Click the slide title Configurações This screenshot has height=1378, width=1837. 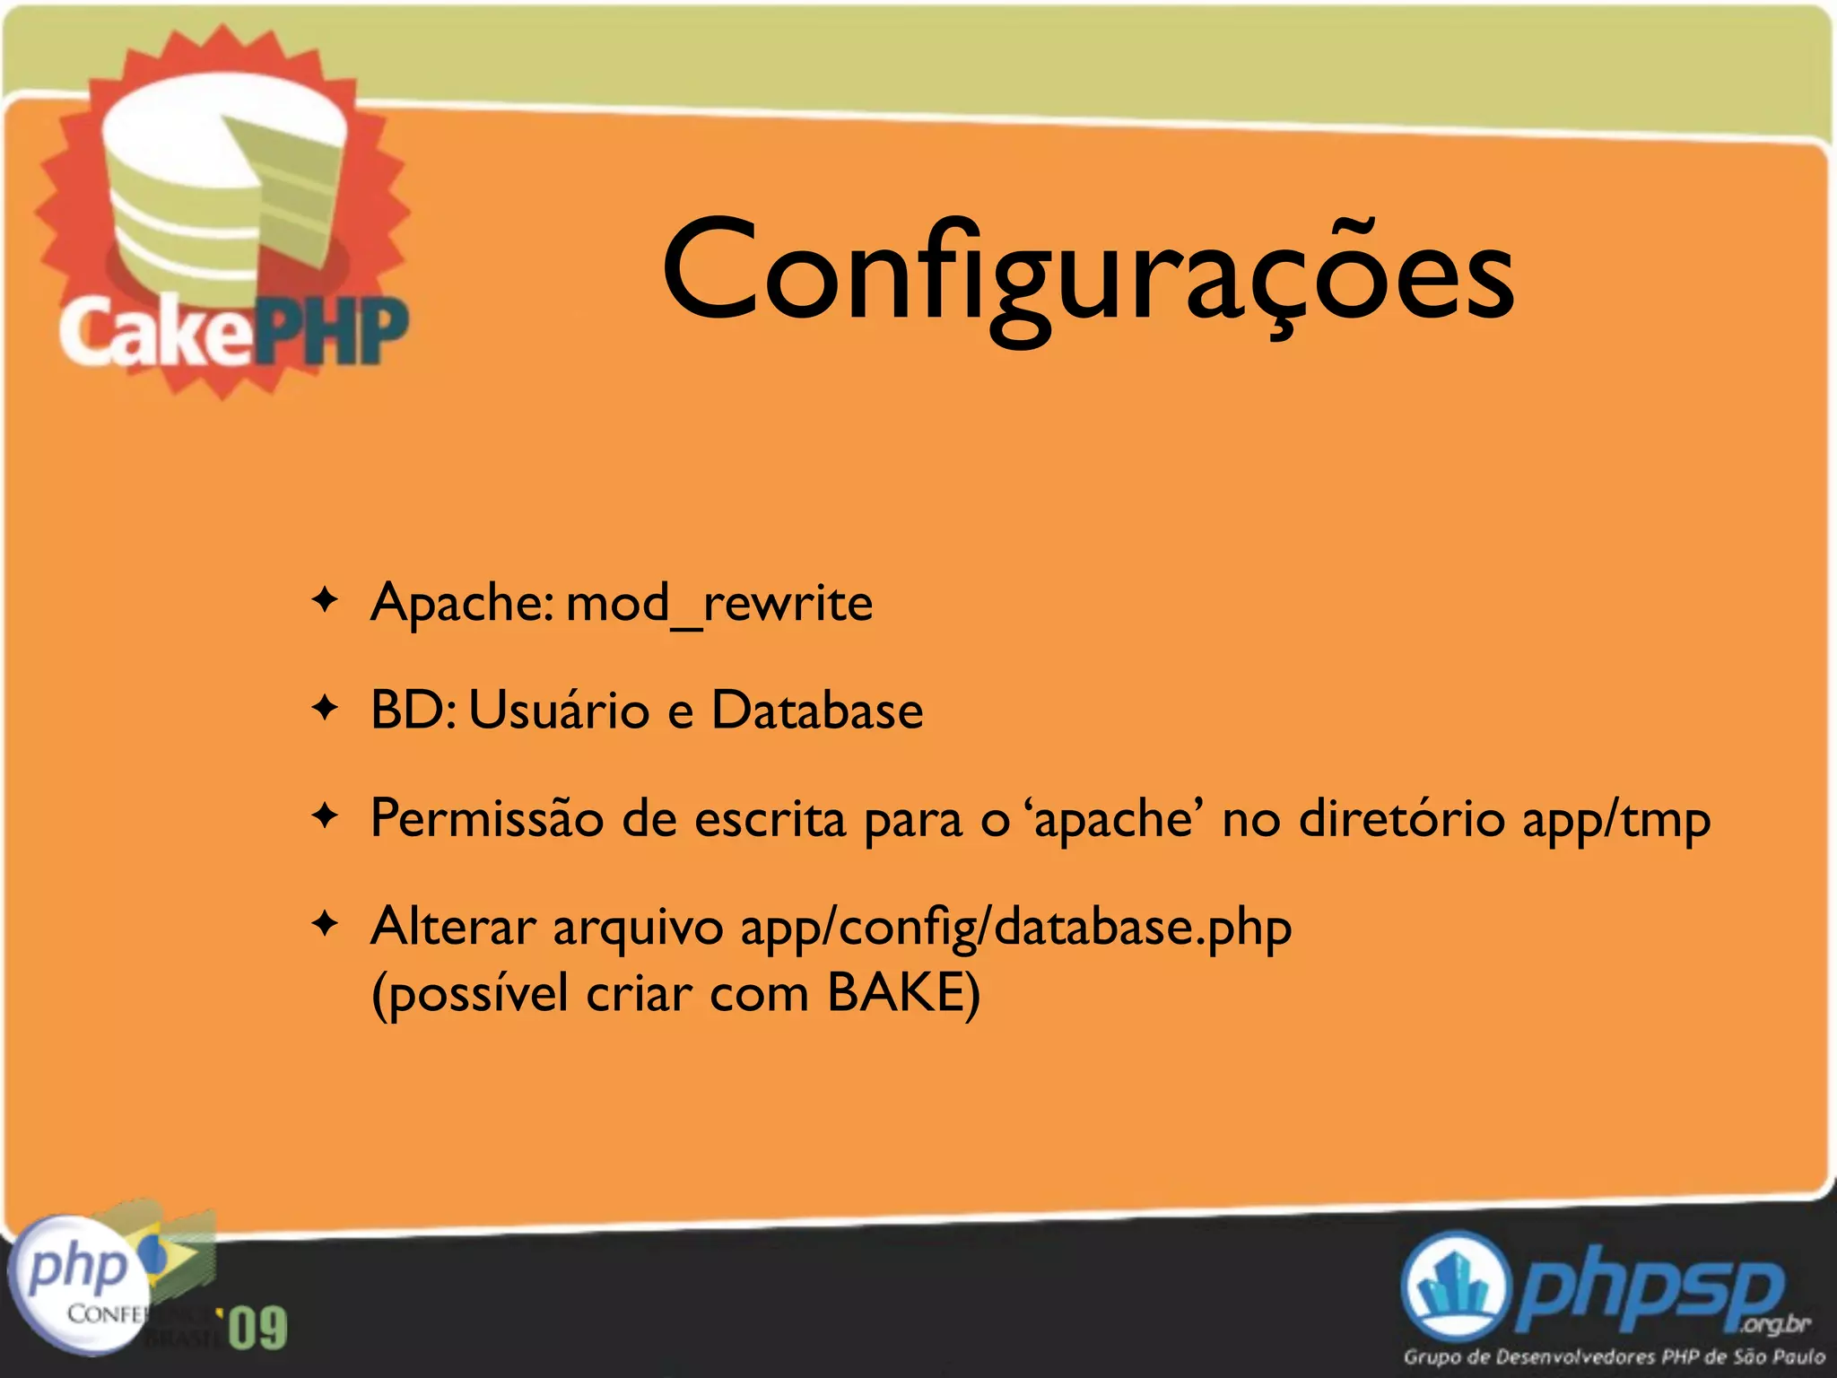coord(1087,269)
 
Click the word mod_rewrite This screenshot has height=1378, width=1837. coord(718,603)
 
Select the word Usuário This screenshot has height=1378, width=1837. coord(559,711)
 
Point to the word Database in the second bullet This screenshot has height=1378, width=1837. coord(816,711)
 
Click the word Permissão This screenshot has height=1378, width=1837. coord(487,818)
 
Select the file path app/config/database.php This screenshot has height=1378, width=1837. coord(1015,928)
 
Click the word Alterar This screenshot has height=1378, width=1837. coord(453,926)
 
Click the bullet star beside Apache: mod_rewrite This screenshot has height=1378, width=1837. coord(325,599)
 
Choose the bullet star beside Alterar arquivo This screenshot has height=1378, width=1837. coord(325,924)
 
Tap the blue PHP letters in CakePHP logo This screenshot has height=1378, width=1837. coord(332,332)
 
